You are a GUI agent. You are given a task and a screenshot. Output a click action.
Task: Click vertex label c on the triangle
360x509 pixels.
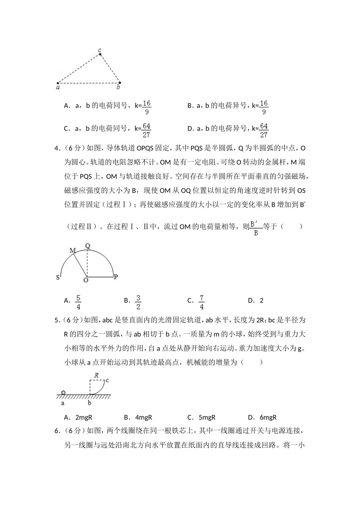click(x=100, y=50)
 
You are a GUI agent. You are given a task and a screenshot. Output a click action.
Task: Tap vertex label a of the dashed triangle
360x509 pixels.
click(x=58, y=87)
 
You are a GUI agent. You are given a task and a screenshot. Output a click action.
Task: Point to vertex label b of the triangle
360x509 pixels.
click(x=118, y=87)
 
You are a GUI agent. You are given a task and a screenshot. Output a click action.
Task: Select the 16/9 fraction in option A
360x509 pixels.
click(x=147, y=107)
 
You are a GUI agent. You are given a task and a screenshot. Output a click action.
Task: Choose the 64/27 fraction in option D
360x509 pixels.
click(x=264, y=130)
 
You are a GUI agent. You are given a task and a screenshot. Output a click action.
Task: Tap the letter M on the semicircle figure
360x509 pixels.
click(x=73, y=250)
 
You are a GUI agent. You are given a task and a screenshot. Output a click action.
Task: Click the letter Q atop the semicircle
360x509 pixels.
click(x=88, y=246)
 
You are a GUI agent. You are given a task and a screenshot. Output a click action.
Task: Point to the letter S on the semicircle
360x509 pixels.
click(x=58, y=277)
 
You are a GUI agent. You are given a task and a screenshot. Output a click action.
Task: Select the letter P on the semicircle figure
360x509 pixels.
click(x=116, y=277)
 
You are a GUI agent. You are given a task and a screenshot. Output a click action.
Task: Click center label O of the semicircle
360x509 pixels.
click(x=86, y=280)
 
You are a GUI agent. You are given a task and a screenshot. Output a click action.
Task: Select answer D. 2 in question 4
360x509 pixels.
click(x=256, y=301)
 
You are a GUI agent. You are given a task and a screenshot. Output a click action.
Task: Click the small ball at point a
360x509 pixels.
click(x=63, y=392)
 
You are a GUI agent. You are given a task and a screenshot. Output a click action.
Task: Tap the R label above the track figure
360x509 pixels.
click(x=97, y=375)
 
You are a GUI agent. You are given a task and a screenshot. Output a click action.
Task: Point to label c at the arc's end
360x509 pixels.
click(x=107, y=380)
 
